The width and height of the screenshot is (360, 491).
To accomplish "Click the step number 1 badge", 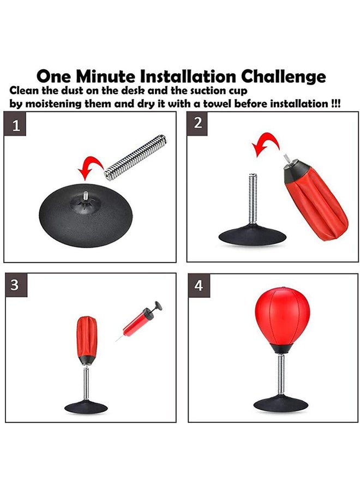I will click(16, 125).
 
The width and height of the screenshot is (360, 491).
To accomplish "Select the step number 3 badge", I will click(16, 285).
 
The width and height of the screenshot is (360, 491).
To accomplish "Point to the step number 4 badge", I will click(199, 285).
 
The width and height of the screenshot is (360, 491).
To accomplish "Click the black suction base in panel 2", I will click(253, 235).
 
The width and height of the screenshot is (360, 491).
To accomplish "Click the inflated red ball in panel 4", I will click(282, 319).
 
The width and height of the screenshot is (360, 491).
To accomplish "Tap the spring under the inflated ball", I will click(281, 375).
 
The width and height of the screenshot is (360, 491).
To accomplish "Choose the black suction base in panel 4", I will click(281, 404).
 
